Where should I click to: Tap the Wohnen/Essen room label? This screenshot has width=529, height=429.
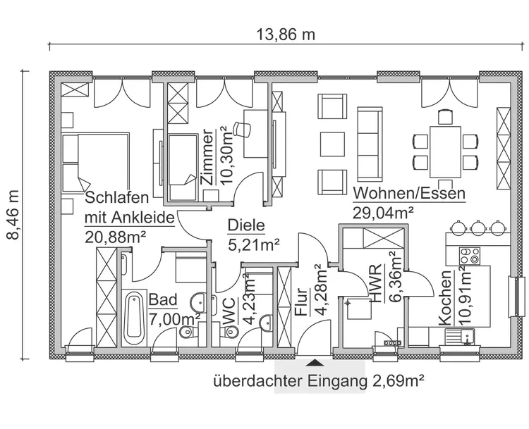[409, 193]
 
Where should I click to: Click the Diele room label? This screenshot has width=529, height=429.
[245, 225]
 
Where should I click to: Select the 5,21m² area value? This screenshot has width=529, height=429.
[253, 244]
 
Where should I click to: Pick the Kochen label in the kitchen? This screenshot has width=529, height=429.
[445, 299]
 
